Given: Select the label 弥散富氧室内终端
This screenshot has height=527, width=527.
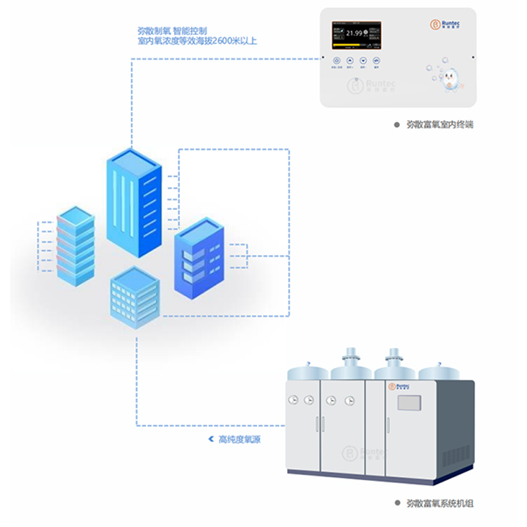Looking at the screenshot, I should pyautogui.click(x=439, y=124).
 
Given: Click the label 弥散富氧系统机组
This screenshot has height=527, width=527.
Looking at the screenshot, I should pyautogui.click(x=439, y=503).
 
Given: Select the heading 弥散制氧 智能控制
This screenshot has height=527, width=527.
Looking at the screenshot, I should pyautogui.click(x=172, y=30).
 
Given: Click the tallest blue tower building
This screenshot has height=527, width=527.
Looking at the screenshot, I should pyautogui.click(x=134, y=201).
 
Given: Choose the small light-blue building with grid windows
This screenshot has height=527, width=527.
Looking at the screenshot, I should pyautogui.click(x=135, y=296).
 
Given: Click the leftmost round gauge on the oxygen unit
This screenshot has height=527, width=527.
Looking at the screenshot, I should pyautogui.click(x=291, y=399).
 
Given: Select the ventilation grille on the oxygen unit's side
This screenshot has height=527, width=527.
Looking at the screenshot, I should pyautogui.click(x=457, y=455).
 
